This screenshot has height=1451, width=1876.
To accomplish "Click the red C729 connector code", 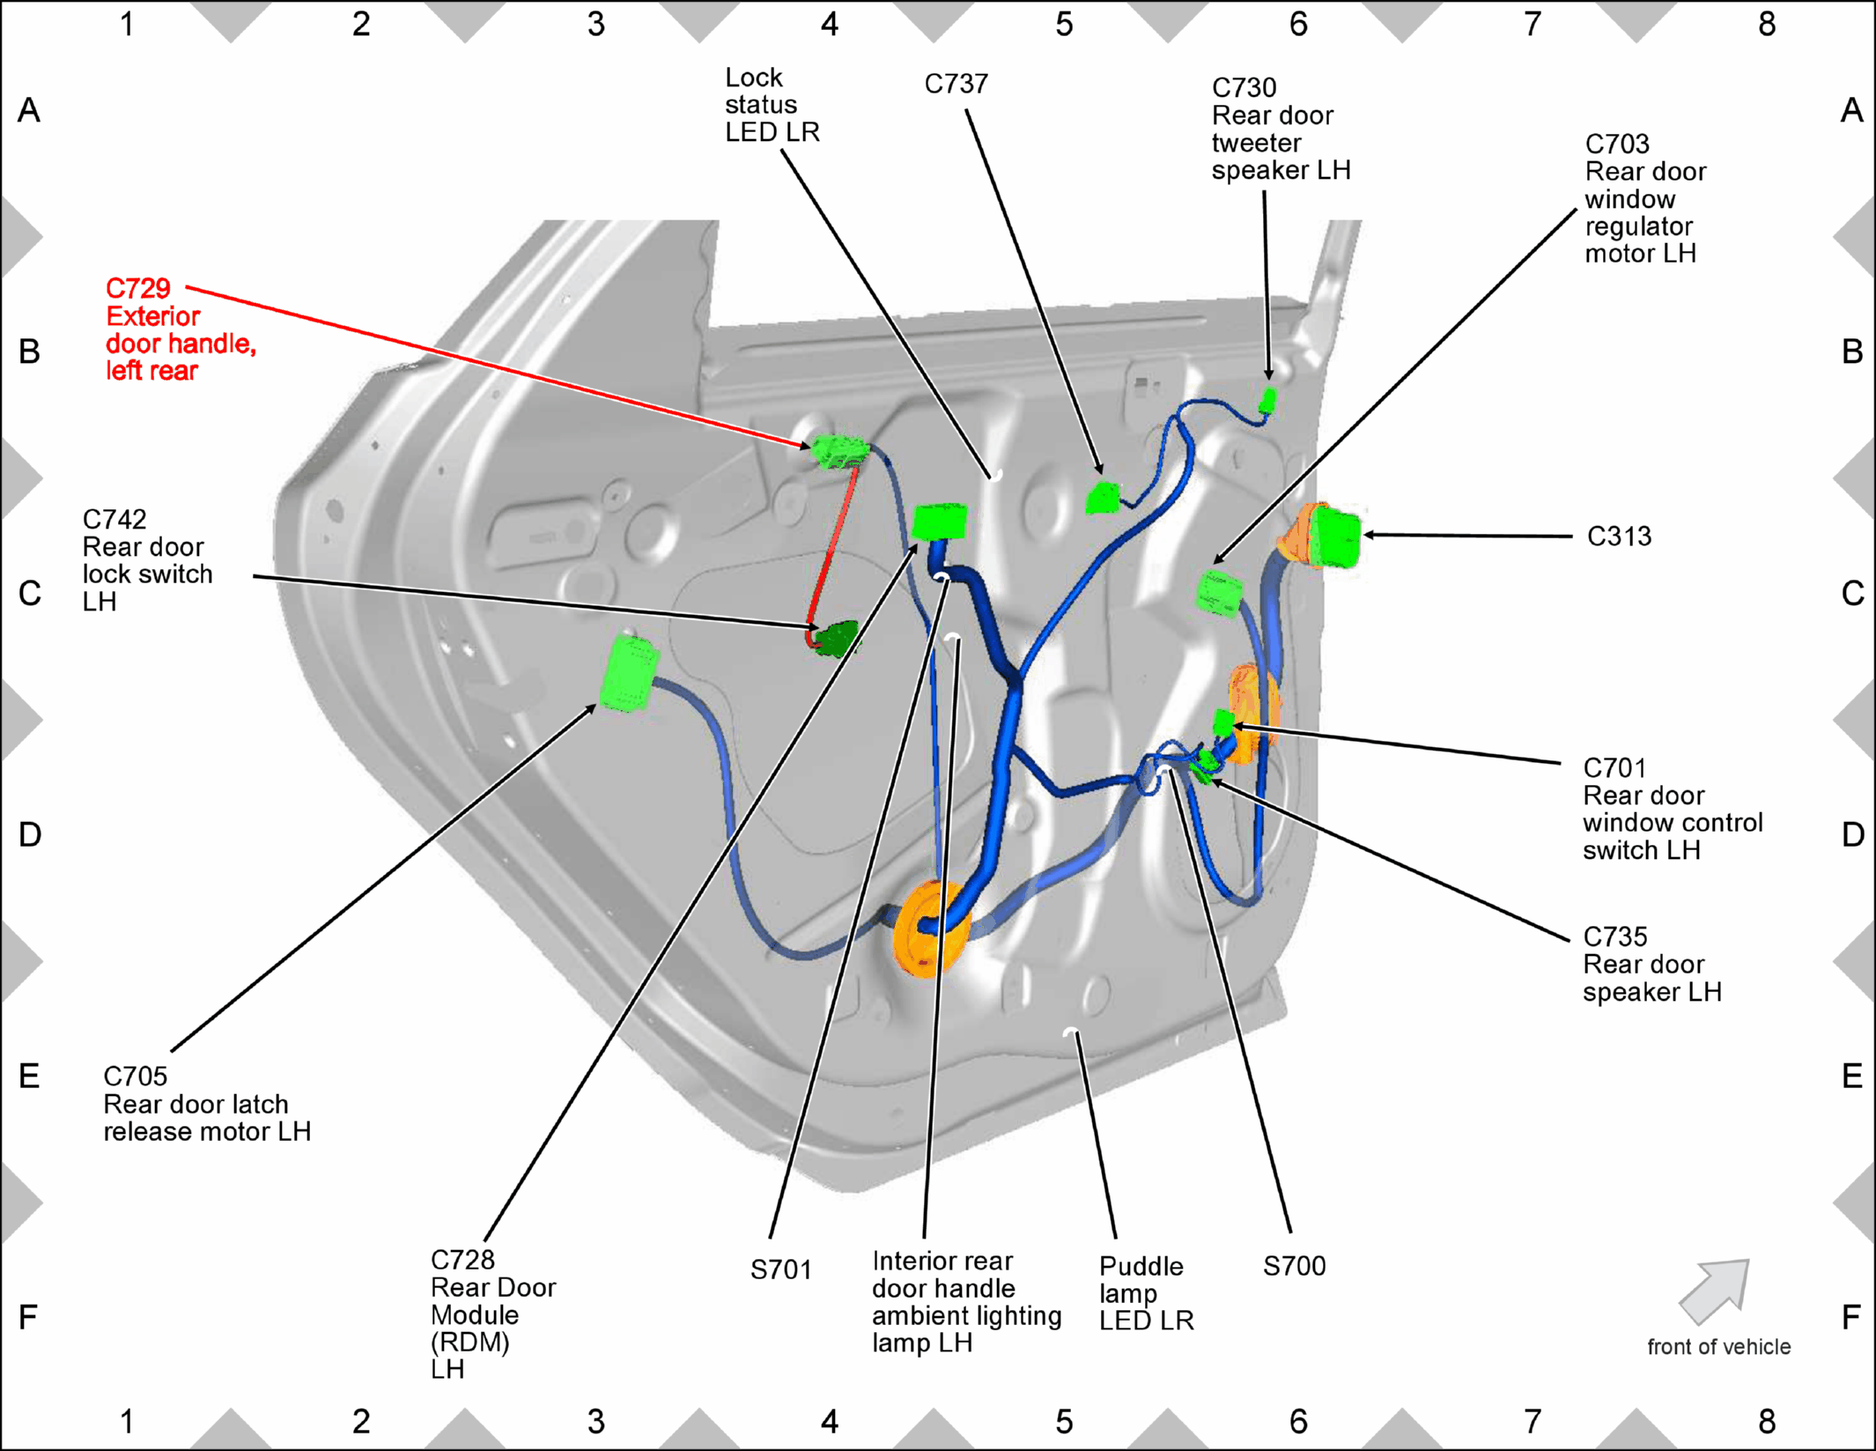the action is point(138,288).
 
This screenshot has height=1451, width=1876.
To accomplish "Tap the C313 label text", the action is point(1619,536).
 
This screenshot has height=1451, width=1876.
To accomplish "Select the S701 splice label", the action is point(780,1270).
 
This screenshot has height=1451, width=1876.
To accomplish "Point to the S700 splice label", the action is point(1294,1266).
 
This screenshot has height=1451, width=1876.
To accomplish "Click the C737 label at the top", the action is point(956,84).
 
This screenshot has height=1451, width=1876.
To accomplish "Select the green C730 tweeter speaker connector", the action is point(1267,401).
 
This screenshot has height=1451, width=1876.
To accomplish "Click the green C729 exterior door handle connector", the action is point(839,450).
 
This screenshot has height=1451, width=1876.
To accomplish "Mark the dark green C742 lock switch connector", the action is point(836,639).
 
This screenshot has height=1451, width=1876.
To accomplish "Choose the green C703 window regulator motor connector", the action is point(1220,592).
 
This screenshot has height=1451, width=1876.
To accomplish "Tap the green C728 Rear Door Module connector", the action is point(940,521).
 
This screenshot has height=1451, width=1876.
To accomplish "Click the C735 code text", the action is point(1614,936).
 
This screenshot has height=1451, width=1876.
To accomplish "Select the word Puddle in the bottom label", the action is point(1141,1266).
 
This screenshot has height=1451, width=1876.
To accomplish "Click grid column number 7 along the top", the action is point(1533,24).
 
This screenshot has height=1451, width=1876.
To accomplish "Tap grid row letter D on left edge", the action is point(29,834).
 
